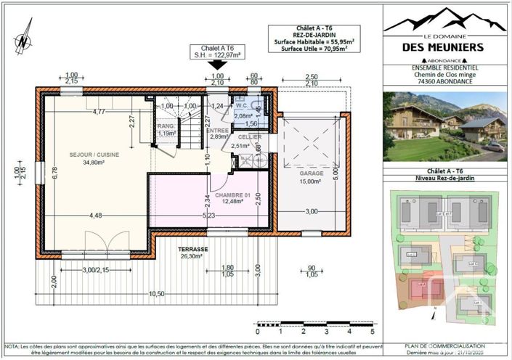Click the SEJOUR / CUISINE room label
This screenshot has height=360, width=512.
[x=94, y=155]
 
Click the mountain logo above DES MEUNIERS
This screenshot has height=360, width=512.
[x=444, y=21]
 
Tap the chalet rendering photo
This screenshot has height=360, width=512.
[x=445, y=127]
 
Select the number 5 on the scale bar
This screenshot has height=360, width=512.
[x=371, y=331]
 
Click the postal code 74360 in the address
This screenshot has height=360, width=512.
[x=419, y=82]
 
